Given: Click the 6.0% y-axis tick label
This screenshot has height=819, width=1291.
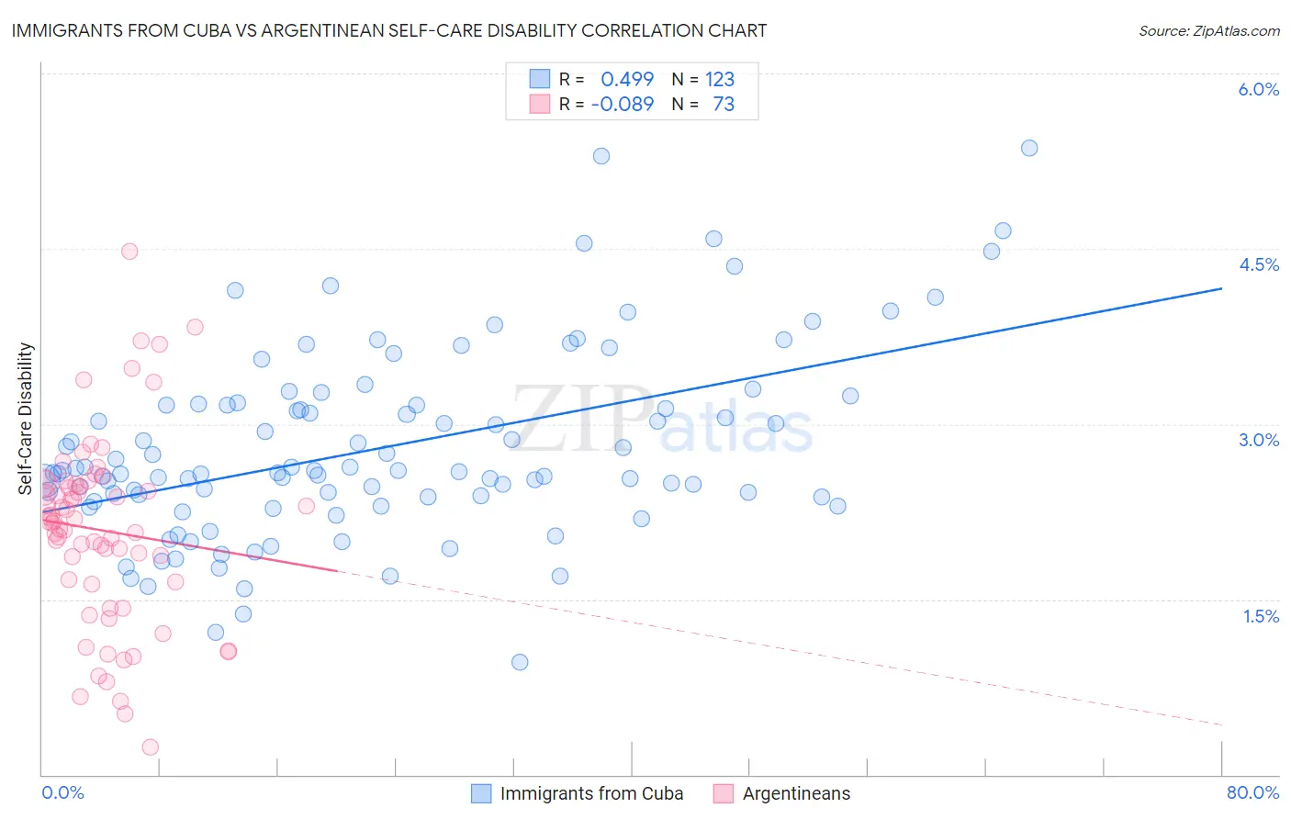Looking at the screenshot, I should [1258, 89].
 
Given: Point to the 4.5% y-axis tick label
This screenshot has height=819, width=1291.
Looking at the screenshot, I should [1258, 264].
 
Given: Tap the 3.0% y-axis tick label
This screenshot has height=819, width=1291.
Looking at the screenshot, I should [1258, 440].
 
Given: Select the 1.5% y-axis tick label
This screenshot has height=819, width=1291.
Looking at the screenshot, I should [1261, 616].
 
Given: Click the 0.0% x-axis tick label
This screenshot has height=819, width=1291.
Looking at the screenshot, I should [62, 792].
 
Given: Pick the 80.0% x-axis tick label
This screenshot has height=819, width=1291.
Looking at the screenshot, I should [1252, 792].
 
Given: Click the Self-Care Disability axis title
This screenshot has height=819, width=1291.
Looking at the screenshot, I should [26, 419].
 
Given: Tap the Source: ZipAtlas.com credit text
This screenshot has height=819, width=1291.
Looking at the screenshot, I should [1208, 30].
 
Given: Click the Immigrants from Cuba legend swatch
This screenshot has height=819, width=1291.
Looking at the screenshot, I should [482, 793].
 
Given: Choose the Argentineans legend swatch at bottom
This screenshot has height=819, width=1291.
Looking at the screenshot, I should [724, 793].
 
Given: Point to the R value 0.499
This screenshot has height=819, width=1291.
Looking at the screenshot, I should [627, 79].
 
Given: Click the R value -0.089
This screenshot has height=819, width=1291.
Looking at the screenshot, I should [623, 104].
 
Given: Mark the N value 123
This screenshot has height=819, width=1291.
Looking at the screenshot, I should [720, 79].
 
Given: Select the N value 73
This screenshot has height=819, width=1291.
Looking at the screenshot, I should [724, 104].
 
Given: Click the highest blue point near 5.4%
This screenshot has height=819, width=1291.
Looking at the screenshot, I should [1029, 148].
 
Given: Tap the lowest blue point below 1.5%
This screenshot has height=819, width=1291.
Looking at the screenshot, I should [520, 662].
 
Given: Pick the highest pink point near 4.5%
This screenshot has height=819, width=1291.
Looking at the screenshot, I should [129, 252].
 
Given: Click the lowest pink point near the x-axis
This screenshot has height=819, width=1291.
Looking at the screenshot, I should [151, 747].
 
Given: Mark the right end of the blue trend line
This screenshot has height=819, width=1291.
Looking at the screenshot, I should [1221, 288].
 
